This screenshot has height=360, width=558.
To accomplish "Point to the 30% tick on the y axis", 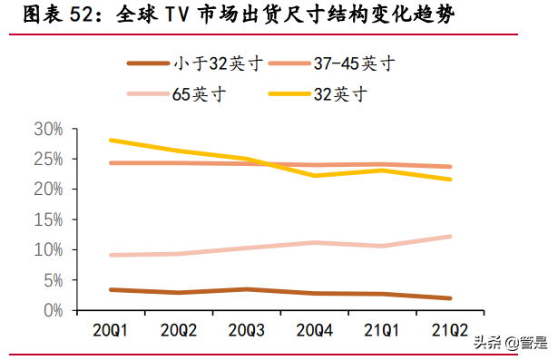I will (x=47, y=129).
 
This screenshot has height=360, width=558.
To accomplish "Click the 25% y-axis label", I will (x=47, y=159).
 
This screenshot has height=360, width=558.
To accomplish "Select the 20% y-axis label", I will (x=47, y=189).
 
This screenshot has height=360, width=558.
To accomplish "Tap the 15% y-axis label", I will (x=47, y=219).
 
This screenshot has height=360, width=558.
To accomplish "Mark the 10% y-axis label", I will (x=47, y=249).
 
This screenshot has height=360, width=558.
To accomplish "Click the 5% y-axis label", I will (x=51, y=279).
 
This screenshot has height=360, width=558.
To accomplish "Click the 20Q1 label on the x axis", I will (x=110, y=328).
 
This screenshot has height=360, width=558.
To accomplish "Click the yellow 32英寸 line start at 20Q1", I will (x=110, y=140).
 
